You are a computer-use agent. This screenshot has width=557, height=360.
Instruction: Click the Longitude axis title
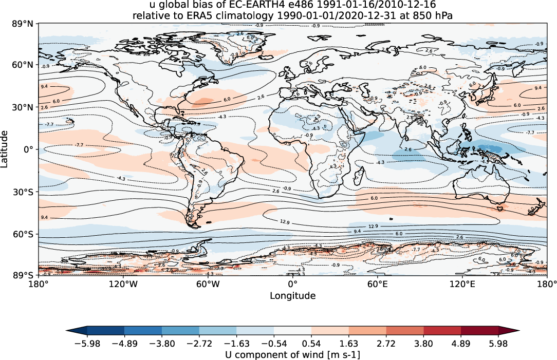pyautogui.click(x=293, y=296)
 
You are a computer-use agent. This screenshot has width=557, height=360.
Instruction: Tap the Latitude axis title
pyautogui.click(x=5, y=148)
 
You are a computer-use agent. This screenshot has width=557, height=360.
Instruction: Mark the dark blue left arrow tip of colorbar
pyautogui.click(x=69, y=331)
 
